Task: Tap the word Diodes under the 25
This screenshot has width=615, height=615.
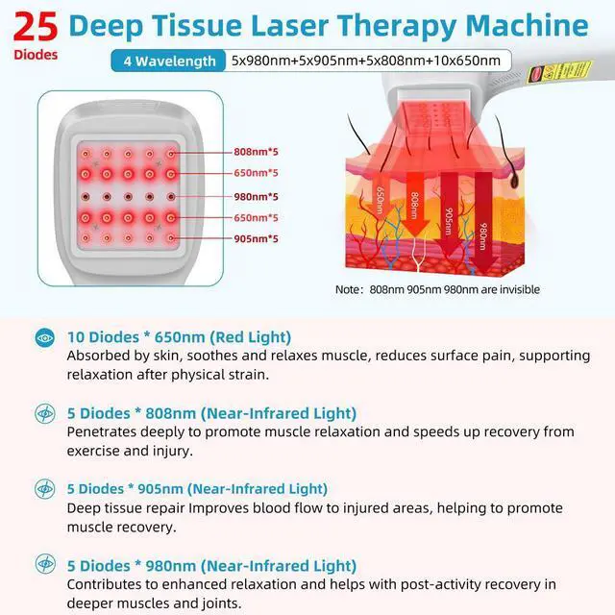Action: (x=36, y=55)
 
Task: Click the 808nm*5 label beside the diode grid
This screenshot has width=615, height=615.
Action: (x=256, y=152)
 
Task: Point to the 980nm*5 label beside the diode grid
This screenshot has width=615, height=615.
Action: (x=256, y=195)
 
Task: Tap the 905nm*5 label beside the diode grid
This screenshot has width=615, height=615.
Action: (x=256, y=238)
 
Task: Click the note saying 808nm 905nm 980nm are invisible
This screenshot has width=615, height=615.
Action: (x=437, y=289)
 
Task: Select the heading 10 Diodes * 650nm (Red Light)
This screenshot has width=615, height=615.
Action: (x=179, y=337)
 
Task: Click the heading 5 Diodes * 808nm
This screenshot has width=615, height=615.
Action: (x=211, y=413)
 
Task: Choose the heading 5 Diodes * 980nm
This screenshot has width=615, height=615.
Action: (x=211, y=565)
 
